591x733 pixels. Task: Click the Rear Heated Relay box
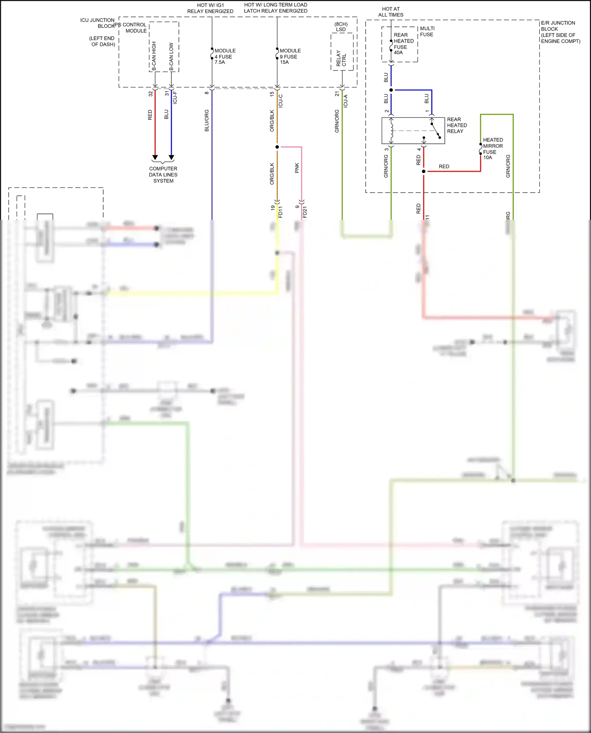point(413,130)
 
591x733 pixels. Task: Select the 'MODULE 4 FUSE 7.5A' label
point(225,56)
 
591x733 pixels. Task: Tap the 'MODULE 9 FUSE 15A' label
point(290,56)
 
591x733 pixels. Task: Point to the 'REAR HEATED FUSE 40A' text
point(403,44)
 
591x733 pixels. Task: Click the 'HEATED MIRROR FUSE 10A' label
point(492,148)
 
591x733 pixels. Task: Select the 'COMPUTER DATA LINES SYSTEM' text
point(163,174)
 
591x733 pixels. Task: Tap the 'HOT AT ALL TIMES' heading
point(390,12)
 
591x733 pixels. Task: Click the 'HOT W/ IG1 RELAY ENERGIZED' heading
point(210,8)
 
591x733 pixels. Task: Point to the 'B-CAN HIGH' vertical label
point(154,56)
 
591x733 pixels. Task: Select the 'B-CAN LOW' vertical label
point(171,56)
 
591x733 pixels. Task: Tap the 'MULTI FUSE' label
point(427,32)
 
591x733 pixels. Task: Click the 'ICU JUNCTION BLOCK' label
point(98,23)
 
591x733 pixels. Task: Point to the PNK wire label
point(297,168)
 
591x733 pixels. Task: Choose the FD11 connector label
point(281,212)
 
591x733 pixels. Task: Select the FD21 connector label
point(305,212)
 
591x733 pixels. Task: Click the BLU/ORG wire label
point(207,121)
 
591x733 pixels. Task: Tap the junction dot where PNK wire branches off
point(277,147)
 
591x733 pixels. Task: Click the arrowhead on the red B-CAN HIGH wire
point(155,157)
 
